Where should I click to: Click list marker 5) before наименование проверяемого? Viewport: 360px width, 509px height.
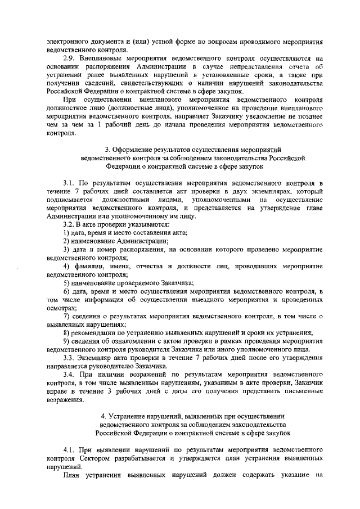click(66, 282)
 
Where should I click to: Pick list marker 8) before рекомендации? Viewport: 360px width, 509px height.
click(66, 332)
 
